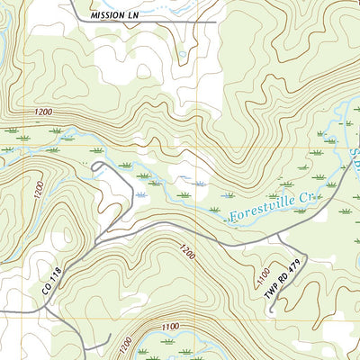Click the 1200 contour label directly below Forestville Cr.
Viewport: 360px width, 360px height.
coord(186,249)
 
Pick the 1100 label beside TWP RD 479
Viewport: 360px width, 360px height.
coord(264,271)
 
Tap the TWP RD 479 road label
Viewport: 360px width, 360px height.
coord(286,280)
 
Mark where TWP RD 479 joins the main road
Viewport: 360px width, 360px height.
coord(278,234)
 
